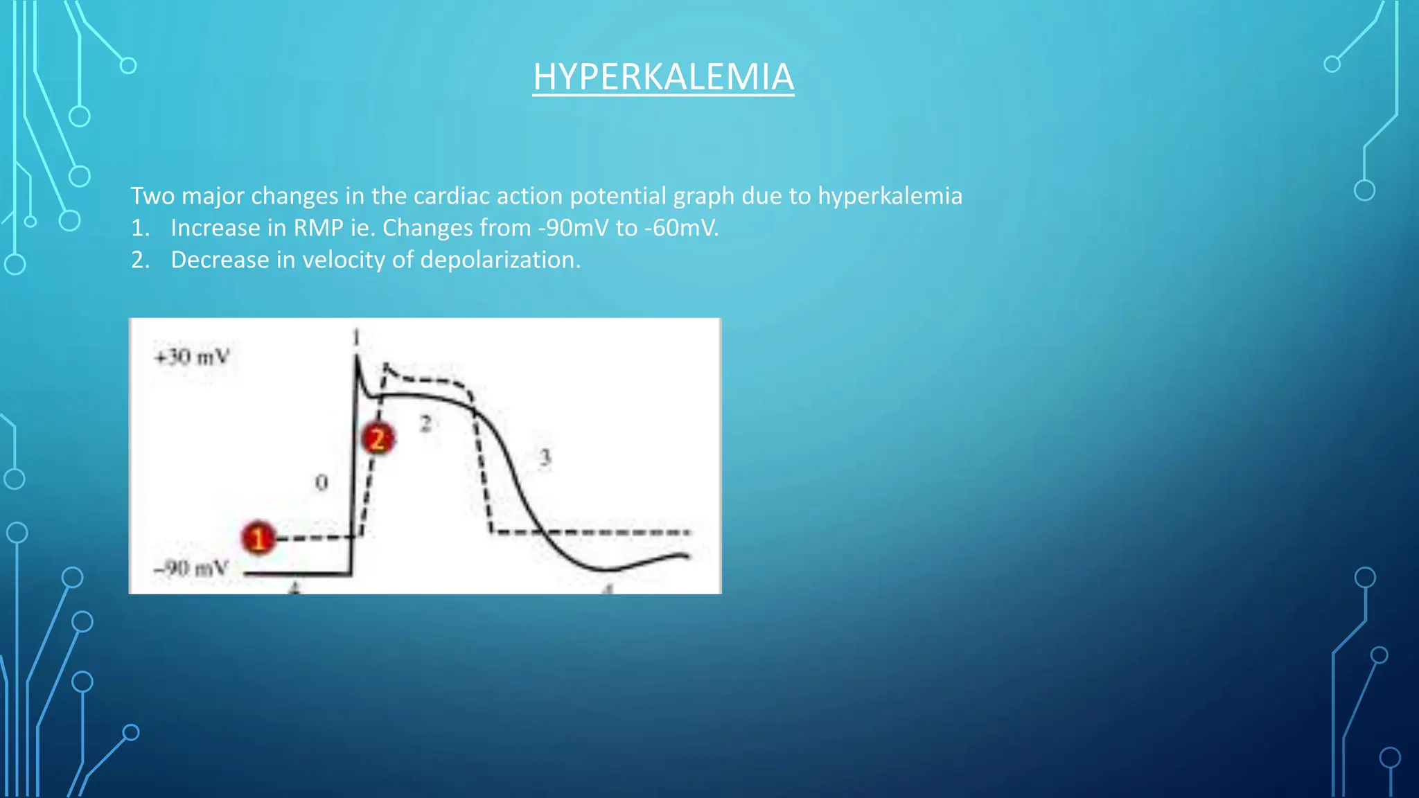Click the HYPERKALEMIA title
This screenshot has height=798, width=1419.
663,77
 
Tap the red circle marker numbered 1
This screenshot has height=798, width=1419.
258,538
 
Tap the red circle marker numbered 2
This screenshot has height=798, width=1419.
378,439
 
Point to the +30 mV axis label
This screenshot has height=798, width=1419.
192,357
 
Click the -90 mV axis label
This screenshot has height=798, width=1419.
191,569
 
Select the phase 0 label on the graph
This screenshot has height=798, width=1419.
321,482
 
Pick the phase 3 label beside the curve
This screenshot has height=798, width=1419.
545,457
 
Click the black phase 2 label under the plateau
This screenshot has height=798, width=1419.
425,423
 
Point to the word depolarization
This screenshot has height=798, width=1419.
500,260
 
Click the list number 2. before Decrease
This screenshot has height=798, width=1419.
141,260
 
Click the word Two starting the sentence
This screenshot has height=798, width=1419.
152,196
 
